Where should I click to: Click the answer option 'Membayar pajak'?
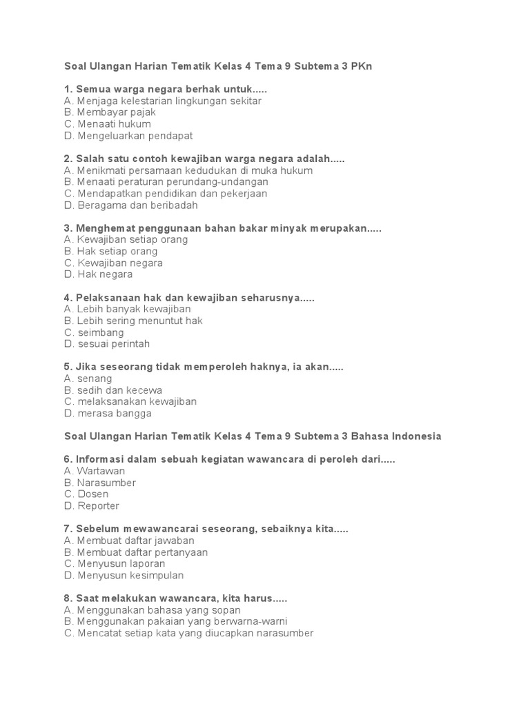(x=110, y=112)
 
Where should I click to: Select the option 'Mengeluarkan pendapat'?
(x=128, y=136)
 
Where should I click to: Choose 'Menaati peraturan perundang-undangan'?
(x=166, y=182)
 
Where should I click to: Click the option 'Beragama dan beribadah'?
(x=130, y=205)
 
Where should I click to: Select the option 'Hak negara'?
(x=98, y=274)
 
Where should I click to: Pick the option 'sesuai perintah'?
(x=106, y=344)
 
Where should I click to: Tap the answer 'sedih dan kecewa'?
(x=112, y=390)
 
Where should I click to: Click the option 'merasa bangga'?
(x=107, y=414)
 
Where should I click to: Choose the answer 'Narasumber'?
(x=100, y=483)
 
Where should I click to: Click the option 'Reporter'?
(x=91, y=506)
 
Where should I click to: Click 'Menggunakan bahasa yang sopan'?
(x=152, y=610)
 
